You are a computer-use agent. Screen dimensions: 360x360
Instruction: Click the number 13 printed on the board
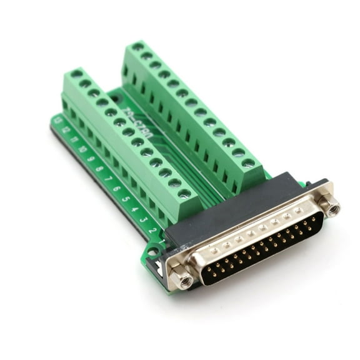point(57,120)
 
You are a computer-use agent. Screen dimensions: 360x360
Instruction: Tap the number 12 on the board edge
point(66,130)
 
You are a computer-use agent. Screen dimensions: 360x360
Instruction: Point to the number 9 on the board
point(91,159)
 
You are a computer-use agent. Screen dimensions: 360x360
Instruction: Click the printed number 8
point(99,169)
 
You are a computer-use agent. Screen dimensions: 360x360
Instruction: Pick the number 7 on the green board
point(107,179)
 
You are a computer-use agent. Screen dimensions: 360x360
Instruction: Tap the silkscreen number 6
point(116,189)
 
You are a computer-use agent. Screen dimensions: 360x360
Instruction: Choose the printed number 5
point(125,199)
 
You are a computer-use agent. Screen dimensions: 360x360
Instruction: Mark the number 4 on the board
point(134,209)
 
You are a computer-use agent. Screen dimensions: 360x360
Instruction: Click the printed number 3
point(142,220)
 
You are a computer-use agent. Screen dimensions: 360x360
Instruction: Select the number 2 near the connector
point(152,231)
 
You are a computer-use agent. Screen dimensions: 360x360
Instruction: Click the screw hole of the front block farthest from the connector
point(76,74)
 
